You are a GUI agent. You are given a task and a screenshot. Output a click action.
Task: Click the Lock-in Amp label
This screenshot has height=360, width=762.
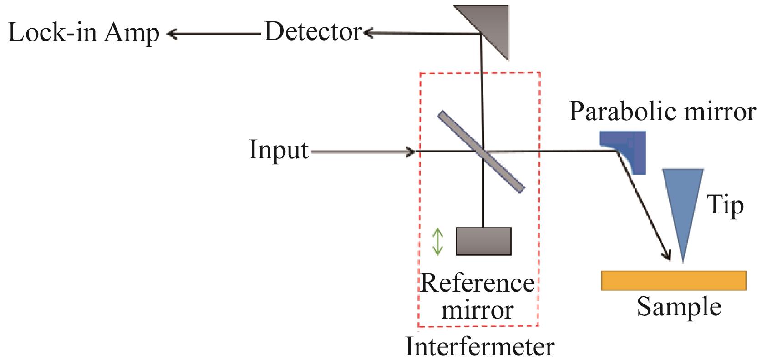pos(84,33)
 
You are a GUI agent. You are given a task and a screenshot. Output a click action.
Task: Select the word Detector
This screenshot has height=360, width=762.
pos(313,32)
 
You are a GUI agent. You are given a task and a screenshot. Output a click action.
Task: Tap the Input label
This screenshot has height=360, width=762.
pos(279,150)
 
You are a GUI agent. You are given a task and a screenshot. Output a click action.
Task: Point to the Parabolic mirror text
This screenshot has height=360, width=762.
pos(662,112)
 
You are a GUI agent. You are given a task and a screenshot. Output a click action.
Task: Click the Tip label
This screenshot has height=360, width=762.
pos(725,205)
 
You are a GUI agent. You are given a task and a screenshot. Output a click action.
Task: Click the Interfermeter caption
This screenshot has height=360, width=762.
pos(480,347)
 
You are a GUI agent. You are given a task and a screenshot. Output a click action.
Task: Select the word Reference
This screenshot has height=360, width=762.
pos(477,283)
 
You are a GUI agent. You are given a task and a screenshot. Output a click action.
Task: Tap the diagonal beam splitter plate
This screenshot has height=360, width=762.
pos(481,151)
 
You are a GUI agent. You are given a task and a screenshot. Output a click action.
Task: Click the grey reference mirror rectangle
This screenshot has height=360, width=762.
pos(483,241)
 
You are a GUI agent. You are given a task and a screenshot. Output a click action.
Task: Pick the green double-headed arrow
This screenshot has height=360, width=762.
pos(437,242)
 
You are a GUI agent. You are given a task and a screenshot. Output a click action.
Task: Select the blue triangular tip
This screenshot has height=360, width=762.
pos(682,204)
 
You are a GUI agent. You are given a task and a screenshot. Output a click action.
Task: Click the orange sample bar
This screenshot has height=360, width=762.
pos(673,280)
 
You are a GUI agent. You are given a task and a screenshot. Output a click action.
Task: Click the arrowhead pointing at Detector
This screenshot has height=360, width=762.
pos(368,33)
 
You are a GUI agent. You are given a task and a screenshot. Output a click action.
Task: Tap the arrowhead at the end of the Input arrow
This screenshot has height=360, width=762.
pos(411,152)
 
